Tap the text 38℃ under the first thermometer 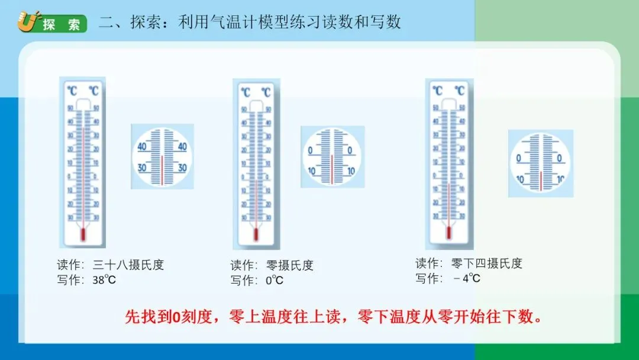[x=104, y=279]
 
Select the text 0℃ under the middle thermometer [x=275, y=280]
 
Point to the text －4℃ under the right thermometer [x=467, y=278]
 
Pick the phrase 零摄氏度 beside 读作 [x=291, y=265]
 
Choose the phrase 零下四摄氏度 [x=486, y=263]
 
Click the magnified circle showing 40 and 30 [x=162, y=156]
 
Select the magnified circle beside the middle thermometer [x=332, y=157]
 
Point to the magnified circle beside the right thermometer [x=541, y=163]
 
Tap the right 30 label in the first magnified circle [x=182, y=168]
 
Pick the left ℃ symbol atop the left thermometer [x=72, y=91]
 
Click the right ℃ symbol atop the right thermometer [x=459, y=91]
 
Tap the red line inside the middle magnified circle [x=332, y=170]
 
